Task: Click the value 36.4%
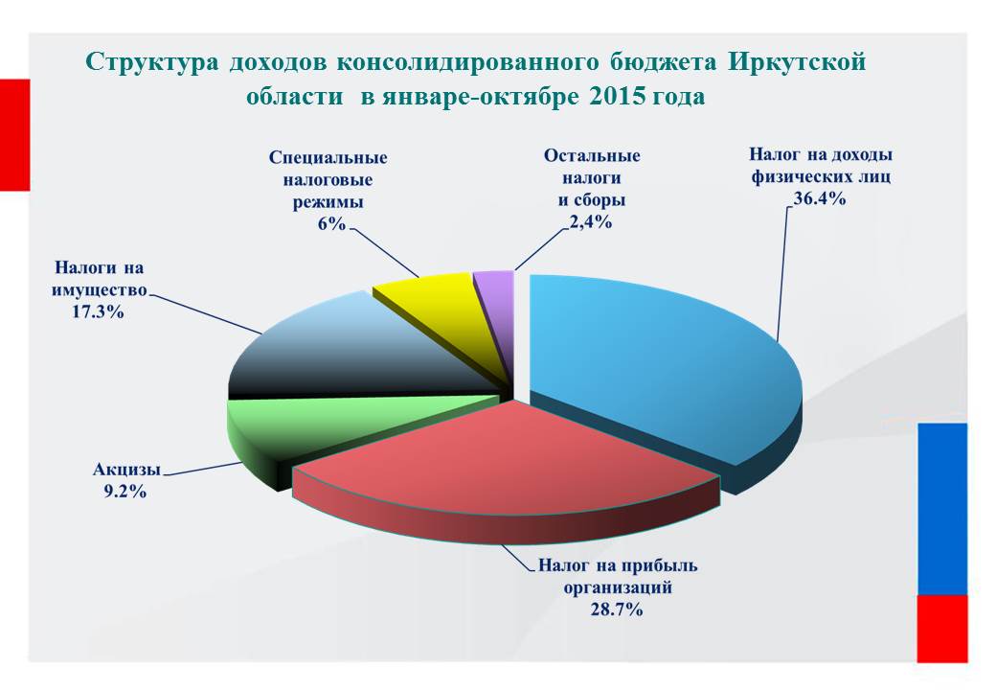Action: click(x=820, y=199)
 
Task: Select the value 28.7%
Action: click(x=616, y=609)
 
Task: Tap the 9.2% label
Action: click(x=125, y=492)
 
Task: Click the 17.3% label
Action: click(x=97, y=312)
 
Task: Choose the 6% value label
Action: click(x=331, y=223)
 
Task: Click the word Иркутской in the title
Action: click(x=797, y=62)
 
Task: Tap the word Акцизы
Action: click(x=126, y=470)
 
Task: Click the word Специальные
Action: click(x=328, y=157)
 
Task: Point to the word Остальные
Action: click(x=592, y=155)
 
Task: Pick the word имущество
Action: click(x=99, y=290)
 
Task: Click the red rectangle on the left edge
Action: click(x=14, y=135)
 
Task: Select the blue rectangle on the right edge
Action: click(x=942, y=509)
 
